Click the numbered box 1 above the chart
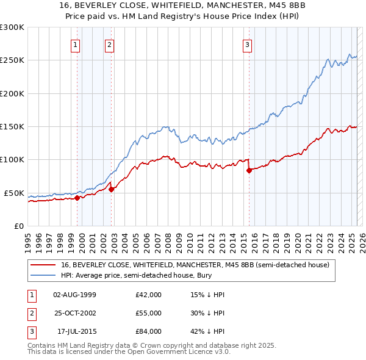tap(75, 44)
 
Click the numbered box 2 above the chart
tap(109, 44)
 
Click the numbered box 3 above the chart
tap(247, 44)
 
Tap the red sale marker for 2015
tap(249, 171)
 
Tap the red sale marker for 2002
tap(112, 190)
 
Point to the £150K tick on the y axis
tap(13, 127)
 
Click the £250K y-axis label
tap(13, 60)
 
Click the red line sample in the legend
tap(43, 265)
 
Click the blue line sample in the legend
tap(43, 275)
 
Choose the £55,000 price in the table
tap(149, 313)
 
